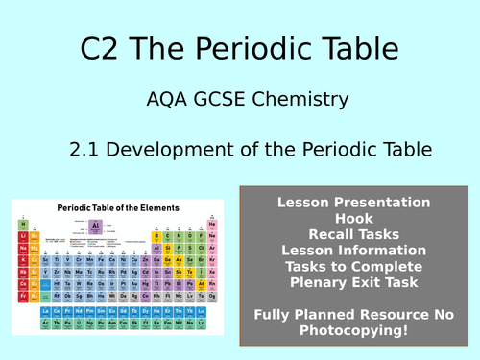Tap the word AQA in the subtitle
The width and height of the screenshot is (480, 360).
click(x=171, y=99)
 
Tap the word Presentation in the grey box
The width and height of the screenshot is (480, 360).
click(x=381, y=202)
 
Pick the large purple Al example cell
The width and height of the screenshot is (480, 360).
click(x=94, y=228)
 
